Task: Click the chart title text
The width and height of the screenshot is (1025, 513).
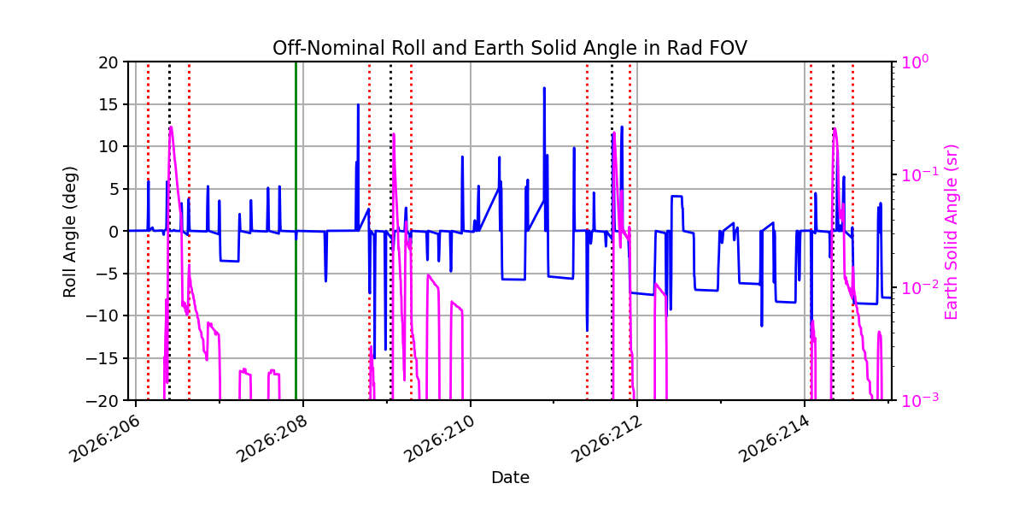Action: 510,48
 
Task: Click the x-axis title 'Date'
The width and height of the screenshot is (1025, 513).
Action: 510,478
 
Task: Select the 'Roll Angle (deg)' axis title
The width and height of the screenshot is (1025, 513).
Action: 69,232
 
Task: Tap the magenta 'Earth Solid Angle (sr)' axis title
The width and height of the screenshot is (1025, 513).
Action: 951,233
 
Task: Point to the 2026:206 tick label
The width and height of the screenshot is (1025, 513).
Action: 104,439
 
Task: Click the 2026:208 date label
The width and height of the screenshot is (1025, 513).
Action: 272,439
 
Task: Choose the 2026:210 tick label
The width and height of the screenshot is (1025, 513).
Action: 439,439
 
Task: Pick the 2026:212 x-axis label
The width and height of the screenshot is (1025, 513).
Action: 606,439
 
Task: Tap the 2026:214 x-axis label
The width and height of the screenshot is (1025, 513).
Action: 774,439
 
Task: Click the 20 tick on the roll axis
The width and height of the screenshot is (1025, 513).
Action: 108,62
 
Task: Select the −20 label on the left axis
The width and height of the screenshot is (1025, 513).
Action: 102,401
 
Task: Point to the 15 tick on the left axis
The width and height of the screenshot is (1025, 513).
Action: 108,104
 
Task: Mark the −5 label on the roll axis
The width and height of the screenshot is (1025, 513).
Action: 107,274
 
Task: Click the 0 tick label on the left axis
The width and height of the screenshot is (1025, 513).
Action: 113,232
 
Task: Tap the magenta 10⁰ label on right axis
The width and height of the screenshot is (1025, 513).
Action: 914,62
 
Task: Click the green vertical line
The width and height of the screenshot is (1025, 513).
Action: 296,231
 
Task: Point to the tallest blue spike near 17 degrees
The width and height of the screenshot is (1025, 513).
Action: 544,88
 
